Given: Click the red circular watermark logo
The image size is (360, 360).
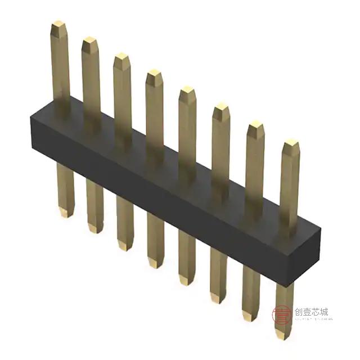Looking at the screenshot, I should click(281, 314).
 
